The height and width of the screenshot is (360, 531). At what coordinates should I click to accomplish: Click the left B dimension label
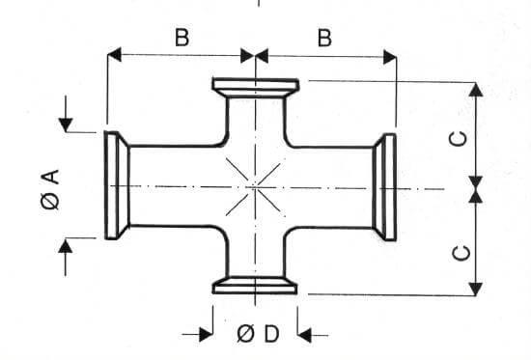(181, 38)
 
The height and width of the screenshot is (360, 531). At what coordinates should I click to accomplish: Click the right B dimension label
(324, 38)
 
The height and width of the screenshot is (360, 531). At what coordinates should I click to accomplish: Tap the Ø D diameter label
(257, 334)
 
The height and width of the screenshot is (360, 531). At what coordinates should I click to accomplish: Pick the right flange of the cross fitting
(387, 185)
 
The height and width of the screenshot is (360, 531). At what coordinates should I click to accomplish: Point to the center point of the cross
(253, 184)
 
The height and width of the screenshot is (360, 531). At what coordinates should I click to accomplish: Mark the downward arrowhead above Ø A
(67, 125)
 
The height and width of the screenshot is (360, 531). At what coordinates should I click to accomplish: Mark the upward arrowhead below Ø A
(67, 246)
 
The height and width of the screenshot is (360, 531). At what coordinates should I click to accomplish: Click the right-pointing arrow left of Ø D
(206, 334)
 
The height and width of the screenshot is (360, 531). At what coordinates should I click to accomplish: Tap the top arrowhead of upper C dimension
(476, 90)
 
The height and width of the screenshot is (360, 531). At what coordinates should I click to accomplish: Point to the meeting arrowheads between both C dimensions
(476, 185)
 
